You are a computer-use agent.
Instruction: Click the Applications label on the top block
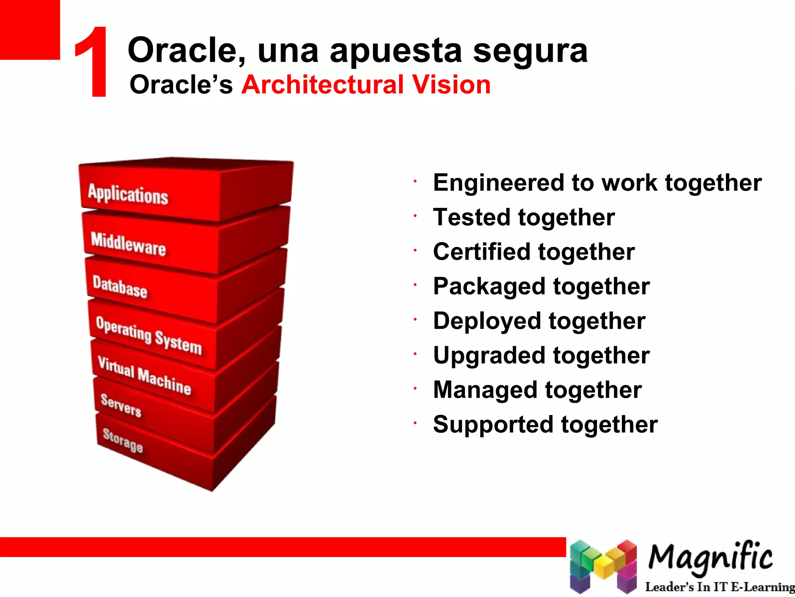128,194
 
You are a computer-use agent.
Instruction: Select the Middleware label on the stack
128,244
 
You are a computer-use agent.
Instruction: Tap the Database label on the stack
120,287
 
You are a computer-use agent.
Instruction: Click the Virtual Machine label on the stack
144,375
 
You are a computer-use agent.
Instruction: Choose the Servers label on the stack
121,405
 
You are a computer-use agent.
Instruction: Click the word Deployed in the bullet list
487,321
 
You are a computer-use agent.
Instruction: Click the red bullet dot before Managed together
415,388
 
